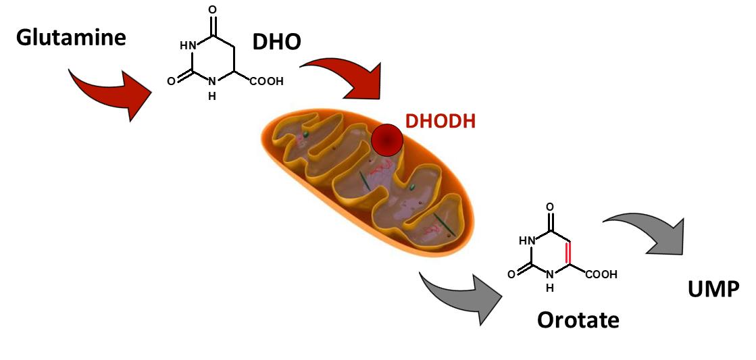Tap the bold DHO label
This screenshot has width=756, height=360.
pyautogui.click(x=276, y=43)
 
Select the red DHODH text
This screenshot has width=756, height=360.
pyautogui.click(x=440, y=122)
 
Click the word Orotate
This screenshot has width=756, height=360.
pyautogui.click(x=578, y=319)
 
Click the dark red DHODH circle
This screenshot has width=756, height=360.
pyautogui.click(x=387, y=140)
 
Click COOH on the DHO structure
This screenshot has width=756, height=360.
pyautogui.click(x=266, y=82)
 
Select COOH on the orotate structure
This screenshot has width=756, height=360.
pyautogui.click(x=601, y=275)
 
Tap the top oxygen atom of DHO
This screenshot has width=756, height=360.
pyautogui.click(x=213, y=10)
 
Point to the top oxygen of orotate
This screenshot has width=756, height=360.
pyautogui.click(x=550, y=207)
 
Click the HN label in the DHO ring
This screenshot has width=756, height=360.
pyautogui.click(x=187, y=46)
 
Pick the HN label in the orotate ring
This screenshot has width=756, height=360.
pyautogui.click(x=526, y=240)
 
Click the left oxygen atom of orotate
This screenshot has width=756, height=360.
pyautogui.click(x=511, y=274)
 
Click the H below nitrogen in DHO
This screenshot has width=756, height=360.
pyautogui.click(x=212, y=96)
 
